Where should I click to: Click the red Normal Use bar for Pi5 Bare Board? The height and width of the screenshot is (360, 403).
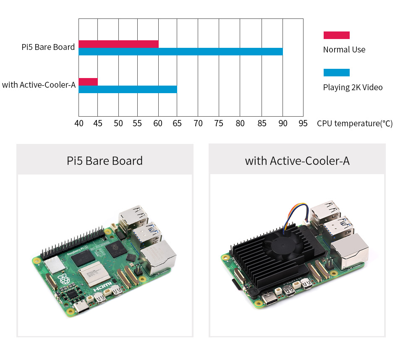click(x=118, y=44)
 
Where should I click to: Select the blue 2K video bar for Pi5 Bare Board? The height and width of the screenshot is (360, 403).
click(x=181, y=52)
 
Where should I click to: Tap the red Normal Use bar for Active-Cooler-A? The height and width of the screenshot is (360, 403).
click(x=88, y=81)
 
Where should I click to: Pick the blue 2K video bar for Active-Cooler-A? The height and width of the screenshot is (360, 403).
click(x=128, y=89)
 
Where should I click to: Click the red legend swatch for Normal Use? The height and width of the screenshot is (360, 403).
click(x=336, y=35)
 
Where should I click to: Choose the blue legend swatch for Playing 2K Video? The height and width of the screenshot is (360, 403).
click(x=336, y=73)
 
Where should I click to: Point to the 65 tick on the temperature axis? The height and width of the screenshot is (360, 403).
click(x=177, y=123)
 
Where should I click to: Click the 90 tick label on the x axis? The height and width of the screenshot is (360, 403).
click(x=283, y=123)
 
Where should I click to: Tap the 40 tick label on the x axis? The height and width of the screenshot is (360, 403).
click(x=79, y=123)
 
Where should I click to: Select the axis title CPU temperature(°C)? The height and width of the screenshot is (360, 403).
click(x=355, y=123)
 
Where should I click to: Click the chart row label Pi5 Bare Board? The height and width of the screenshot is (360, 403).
click(x=48, y=47)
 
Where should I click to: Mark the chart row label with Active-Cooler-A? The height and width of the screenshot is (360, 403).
click(x=39, y=85)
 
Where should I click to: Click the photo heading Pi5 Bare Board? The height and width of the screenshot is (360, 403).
click(x=105, y=161)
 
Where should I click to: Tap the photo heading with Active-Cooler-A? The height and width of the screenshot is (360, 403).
click(x=297, y=161)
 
